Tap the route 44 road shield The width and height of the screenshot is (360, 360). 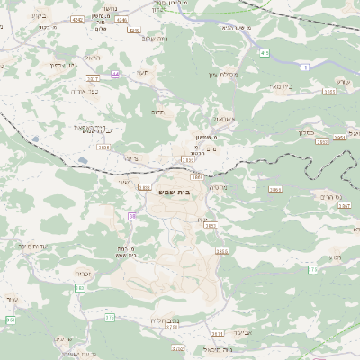pyautogui.click(x=115, y=74)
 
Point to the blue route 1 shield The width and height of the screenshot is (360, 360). pyautogui.click(x=305, y=68)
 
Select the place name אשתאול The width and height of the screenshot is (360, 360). pyautogui.click(x=224, y=120)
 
